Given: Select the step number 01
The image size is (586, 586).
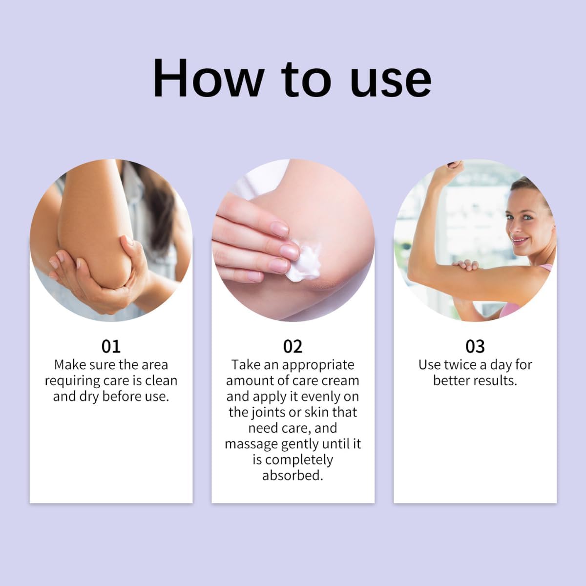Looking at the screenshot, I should (x=111, y=346).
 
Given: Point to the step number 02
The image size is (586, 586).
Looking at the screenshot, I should (x=293, y=346).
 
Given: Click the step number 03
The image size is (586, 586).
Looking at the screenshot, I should (x=475, y=346).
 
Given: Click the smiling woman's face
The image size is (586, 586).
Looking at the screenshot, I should (x=525, y=222).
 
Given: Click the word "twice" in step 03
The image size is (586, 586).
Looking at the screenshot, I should (x=460, y=365).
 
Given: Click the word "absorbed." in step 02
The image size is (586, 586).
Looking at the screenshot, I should (x=293, y=475).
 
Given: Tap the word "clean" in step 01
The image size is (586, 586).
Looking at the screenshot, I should (x=160, y=380).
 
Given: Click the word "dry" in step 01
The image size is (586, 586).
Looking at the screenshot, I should (x=89, y=396).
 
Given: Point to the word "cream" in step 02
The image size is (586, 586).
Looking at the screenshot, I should (x=339, y=380).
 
